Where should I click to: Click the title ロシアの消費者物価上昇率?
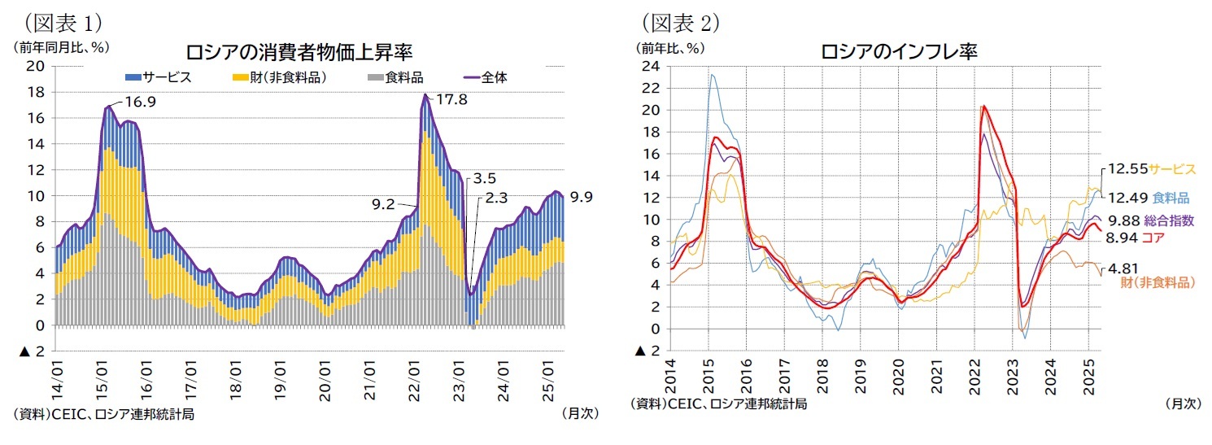click(299, 53)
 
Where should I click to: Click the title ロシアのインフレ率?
click(899, 51)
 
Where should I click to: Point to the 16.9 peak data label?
click(140, 103)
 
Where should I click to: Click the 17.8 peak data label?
click(454, 100)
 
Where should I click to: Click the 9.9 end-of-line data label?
click(581, 196)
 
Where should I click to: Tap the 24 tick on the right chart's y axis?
click(649, 66)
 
